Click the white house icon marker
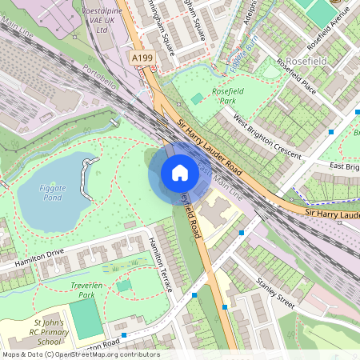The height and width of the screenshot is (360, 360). pyautogui.click(x=179, y=173)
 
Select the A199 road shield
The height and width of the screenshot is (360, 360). pyautogui.click(x=142, y=58)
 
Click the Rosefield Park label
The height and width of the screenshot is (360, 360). pyautogui.click(x=228, y=97)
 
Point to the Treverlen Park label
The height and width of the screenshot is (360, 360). pyautogui.click(x=81, y=289)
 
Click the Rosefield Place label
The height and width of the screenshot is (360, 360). pyautogui.click(x=296, y=76)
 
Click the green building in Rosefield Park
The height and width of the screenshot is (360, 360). pyautogui.click(x=197, y=98)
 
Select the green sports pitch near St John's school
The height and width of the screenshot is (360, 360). pyautogui.click(x=86, y=318)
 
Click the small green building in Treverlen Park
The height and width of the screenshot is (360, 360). pyautogui.click(x=123, y=285)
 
